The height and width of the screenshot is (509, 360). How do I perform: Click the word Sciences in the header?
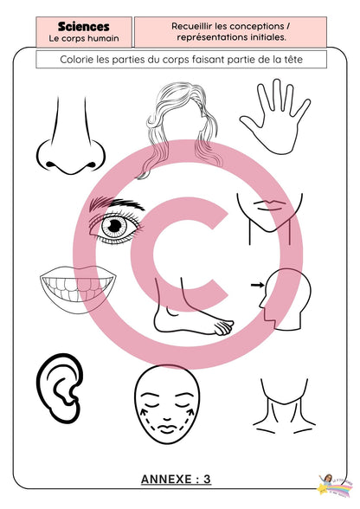84,27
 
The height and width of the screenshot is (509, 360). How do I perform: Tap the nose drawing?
71,137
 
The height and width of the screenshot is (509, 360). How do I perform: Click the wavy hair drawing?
181,130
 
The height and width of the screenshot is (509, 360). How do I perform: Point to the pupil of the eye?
114,226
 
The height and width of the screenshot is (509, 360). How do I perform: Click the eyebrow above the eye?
117,203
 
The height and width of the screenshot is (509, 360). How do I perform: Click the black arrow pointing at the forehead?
257,285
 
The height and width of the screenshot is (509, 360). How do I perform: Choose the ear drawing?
59,388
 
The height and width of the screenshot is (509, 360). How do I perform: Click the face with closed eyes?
167,405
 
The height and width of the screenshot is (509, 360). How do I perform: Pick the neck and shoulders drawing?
284,406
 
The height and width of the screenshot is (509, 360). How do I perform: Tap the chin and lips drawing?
269,218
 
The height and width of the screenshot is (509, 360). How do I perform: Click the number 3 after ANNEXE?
207,480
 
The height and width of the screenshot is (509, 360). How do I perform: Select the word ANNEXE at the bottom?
166,480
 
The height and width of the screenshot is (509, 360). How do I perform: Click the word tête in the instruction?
292,60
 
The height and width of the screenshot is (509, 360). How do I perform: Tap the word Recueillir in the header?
192,26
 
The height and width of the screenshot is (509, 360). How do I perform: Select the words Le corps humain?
84,38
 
